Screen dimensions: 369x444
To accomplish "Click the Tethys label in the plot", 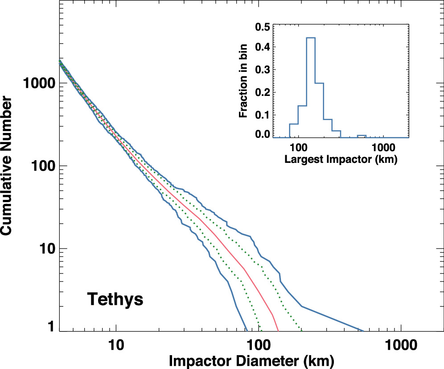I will (x=115, y=299).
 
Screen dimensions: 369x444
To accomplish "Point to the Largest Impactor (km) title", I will (x=340, y=158).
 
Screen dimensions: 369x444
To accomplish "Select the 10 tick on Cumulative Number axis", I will (x=45, y=249).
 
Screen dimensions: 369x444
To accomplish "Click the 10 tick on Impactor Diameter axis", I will (x=116, y=344).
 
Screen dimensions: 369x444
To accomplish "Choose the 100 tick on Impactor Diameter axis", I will (x=259, y=344).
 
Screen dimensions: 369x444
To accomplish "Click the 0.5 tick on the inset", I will (x=263, y=27).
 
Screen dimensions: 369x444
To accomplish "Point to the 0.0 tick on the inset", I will (x=263, y=134).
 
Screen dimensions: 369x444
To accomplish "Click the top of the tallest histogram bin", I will (x=311, y=38).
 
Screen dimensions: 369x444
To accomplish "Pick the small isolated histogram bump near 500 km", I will (x=362, y=135).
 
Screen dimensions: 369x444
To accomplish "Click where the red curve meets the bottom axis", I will (x=279, y=331).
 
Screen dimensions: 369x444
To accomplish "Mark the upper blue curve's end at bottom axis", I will (x=364, y=331).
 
